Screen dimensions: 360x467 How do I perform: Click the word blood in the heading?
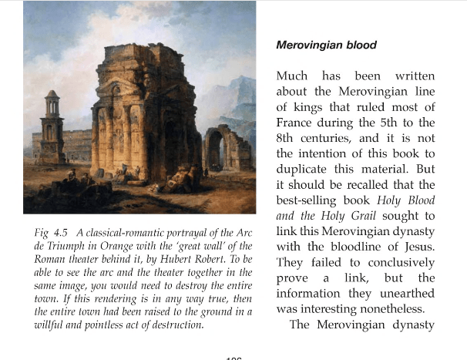pyautogui.click(x=358, y=45)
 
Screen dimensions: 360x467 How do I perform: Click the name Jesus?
pyautogui.click(x=418, y=248)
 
